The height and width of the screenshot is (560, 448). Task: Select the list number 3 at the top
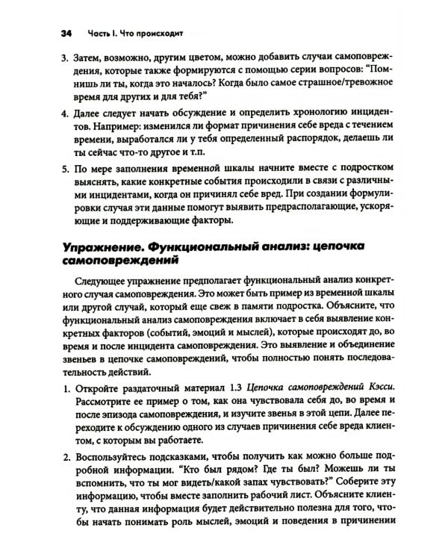coord(63,57)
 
